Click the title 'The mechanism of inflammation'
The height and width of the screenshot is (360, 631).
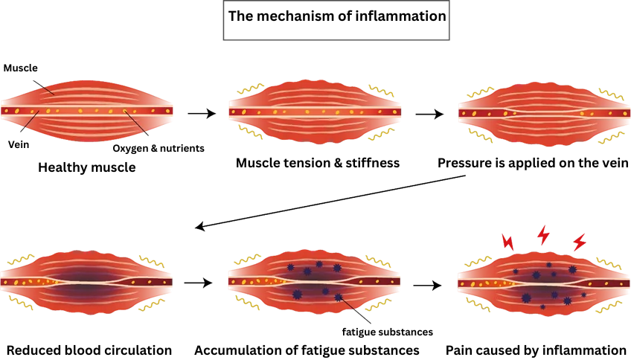coord(337,16)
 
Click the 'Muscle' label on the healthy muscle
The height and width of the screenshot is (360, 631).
coord(20,68)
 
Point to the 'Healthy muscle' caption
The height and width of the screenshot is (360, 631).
coord(87,167)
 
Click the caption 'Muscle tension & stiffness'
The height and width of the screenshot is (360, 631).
coord(317,163)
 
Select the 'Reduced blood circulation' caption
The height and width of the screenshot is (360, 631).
coord(89,350)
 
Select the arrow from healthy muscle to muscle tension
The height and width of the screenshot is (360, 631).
coord(201,114)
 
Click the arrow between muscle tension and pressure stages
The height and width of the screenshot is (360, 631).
coord(429,114)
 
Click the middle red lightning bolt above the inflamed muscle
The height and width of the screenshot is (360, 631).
coord(543,236)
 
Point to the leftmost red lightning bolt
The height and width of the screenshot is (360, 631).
coord(508,242)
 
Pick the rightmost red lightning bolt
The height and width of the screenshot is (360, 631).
coord(578,242)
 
